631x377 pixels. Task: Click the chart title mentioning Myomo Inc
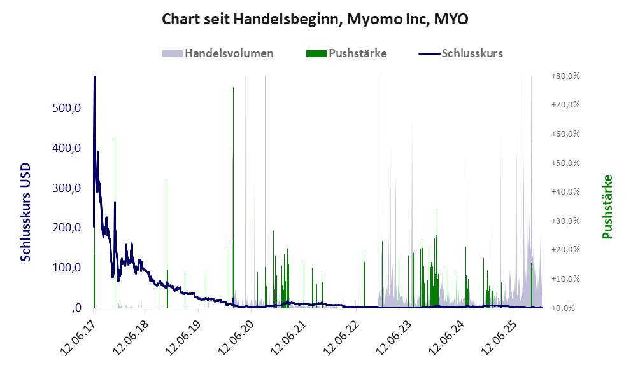[315, 20]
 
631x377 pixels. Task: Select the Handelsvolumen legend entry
[218, 53]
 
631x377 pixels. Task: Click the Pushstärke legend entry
[347, 53]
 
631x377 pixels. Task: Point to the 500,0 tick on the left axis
[66, 108]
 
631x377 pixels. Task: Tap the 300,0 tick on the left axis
[66, 188]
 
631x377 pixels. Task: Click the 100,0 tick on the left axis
[66, 268]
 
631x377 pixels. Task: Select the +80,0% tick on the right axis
[565, 76]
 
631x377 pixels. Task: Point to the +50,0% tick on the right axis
[565, 163]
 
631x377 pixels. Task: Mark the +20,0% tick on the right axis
[565, 250]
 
